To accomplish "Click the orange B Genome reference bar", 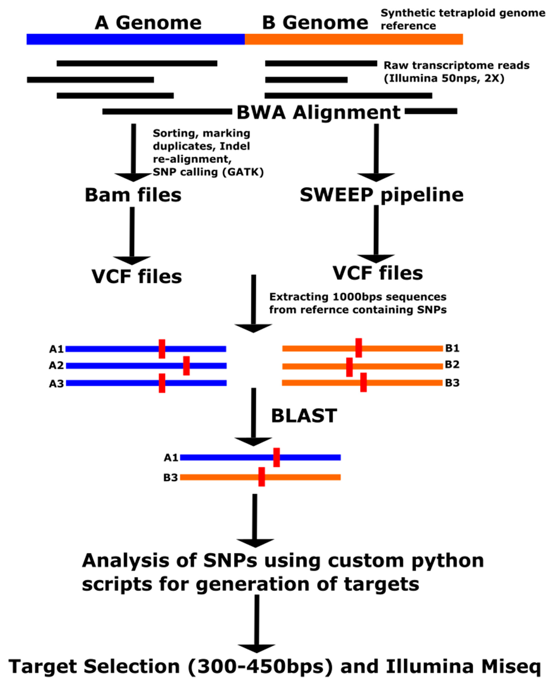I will (x=354, y=39).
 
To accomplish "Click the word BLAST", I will (x=304, y=416).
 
